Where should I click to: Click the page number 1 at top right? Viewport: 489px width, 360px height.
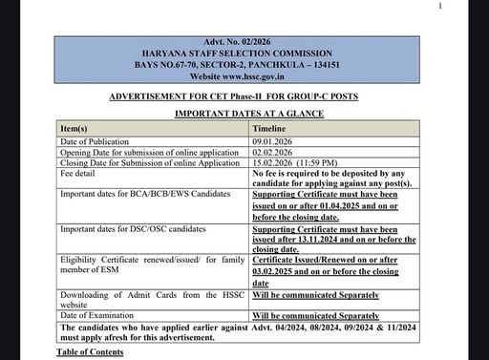click(x=440, y=6)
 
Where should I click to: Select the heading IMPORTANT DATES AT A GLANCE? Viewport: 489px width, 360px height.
click(x=248, y=114)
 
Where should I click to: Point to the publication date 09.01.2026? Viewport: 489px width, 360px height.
click(x=276, y=140)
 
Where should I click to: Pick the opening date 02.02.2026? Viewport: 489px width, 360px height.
click(x=276, y=152)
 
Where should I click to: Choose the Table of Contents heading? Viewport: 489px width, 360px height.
click(x=90, y=353)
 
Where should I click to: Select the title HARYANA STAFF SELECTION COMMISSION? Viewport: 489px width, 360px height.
click(x=249, y=53)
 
